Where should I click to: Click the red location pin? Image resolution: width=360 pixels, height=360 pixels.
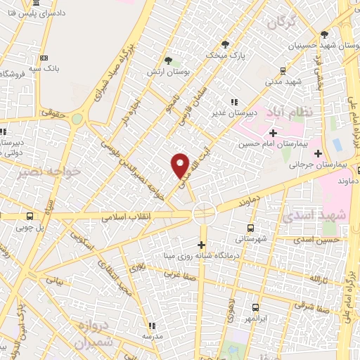181,164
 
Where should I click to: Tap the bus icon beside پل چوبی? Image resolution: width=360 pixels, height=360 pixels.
29,216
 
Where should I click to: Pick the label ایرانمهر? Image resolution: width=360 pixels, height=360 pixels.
255,319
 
